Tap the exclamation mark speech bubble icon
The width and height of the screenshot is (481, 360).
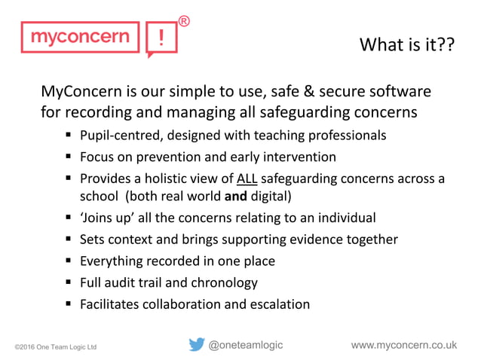(161, 38)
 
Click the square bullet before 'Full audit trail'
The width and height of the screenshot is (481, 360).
(68, 283)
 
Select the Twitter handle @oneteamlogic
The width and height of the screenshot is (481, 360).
(246, 345)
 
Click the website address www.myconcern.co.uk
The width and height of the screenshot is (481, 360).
(404, 345)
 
